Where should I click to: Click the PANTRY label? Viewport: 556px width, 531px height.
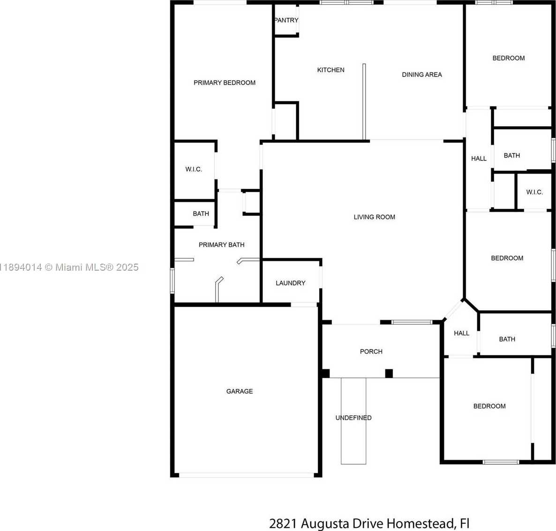click(x=286, y=20)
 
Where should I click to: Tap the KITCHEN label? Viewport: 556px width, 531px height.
click(x=331, y=70)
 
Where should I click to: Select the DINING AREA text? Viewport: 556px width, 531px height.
click(x=421, y=75)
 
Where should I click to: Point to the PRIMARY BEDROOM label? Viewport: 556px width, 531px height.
click(x=225, y=83)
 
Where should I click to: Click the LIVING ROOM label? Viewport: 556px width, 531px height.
click(x=374, y=217)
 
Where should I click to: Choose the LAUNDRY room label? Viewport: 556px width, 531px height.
click(x=290, y=283)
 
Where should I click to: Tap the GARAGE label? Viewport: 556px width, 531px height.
click(x=240, y=391)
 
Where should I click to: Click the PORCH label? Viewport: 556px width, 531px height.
click(x=371, y=351)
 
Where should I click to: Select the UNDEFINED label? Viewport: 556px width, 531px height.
click(x=353, y=418)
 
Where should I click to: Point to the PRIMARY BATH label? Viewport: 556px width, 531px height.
click(x=221, y=245)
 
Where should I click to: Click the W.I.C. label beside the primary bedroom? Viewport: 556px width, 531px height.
click(x=194, y=169)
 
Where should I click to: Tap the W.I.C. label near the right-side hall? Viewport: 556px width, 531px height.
click(x=534, y=192)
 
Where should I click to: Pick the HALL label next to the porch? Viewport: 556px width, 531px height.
click(x=461, y=333)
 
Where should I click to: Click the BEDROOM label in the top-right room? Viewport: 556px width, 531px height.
click(x=509, y=58)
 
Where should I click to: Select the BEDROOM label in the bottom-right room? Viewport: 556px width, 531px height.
click(x=489, y=406)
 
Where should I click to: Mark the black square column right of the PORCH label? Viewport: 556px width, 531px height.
click(x=389, y=373)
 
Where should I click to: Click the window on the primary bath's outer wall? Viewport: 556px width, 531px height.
click(x=173, y=281)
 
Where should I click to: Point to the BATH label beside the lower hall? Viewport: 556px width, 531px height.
click(x=507, y=339)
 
